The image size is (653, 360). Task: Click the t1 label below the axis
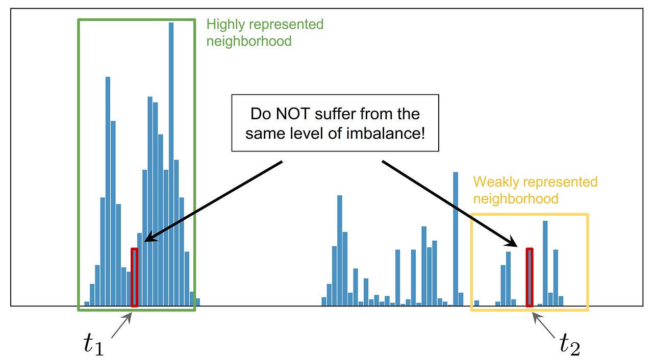coord(94,344)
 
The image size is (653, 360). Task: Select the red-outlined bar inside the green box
coord(134,277)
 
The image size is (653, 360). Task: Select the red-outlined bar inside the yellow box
coord(530,277)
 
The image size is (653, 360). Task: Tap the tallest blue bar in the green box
coord(171,163)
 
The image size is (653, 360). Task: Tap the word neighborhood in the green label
coord(249,41)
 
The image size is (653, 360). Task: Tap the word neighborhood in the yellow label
coord(516,198)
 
